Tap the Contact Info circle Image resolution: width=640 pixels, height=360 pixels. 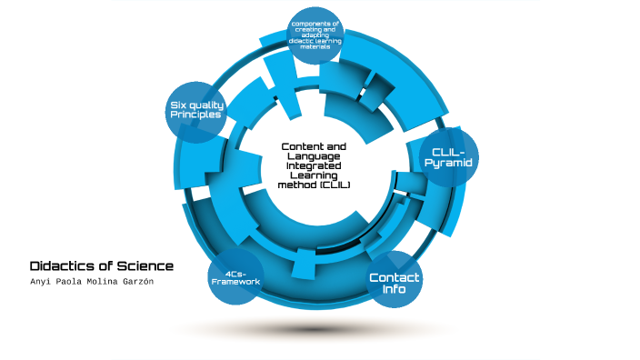[395, 283]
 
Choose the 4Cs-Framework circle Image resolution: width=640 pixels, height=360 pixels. [235, 277]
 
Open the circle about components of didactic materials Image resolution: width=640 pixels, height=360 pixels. [315, 37]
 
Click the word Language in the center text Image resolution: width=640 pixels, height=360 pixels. [315, 156]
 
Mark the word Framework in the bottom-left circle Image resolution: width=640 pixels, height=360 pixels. [235, 282]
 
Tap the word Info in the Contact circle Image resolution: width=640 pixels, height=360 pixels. [395, 290]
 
